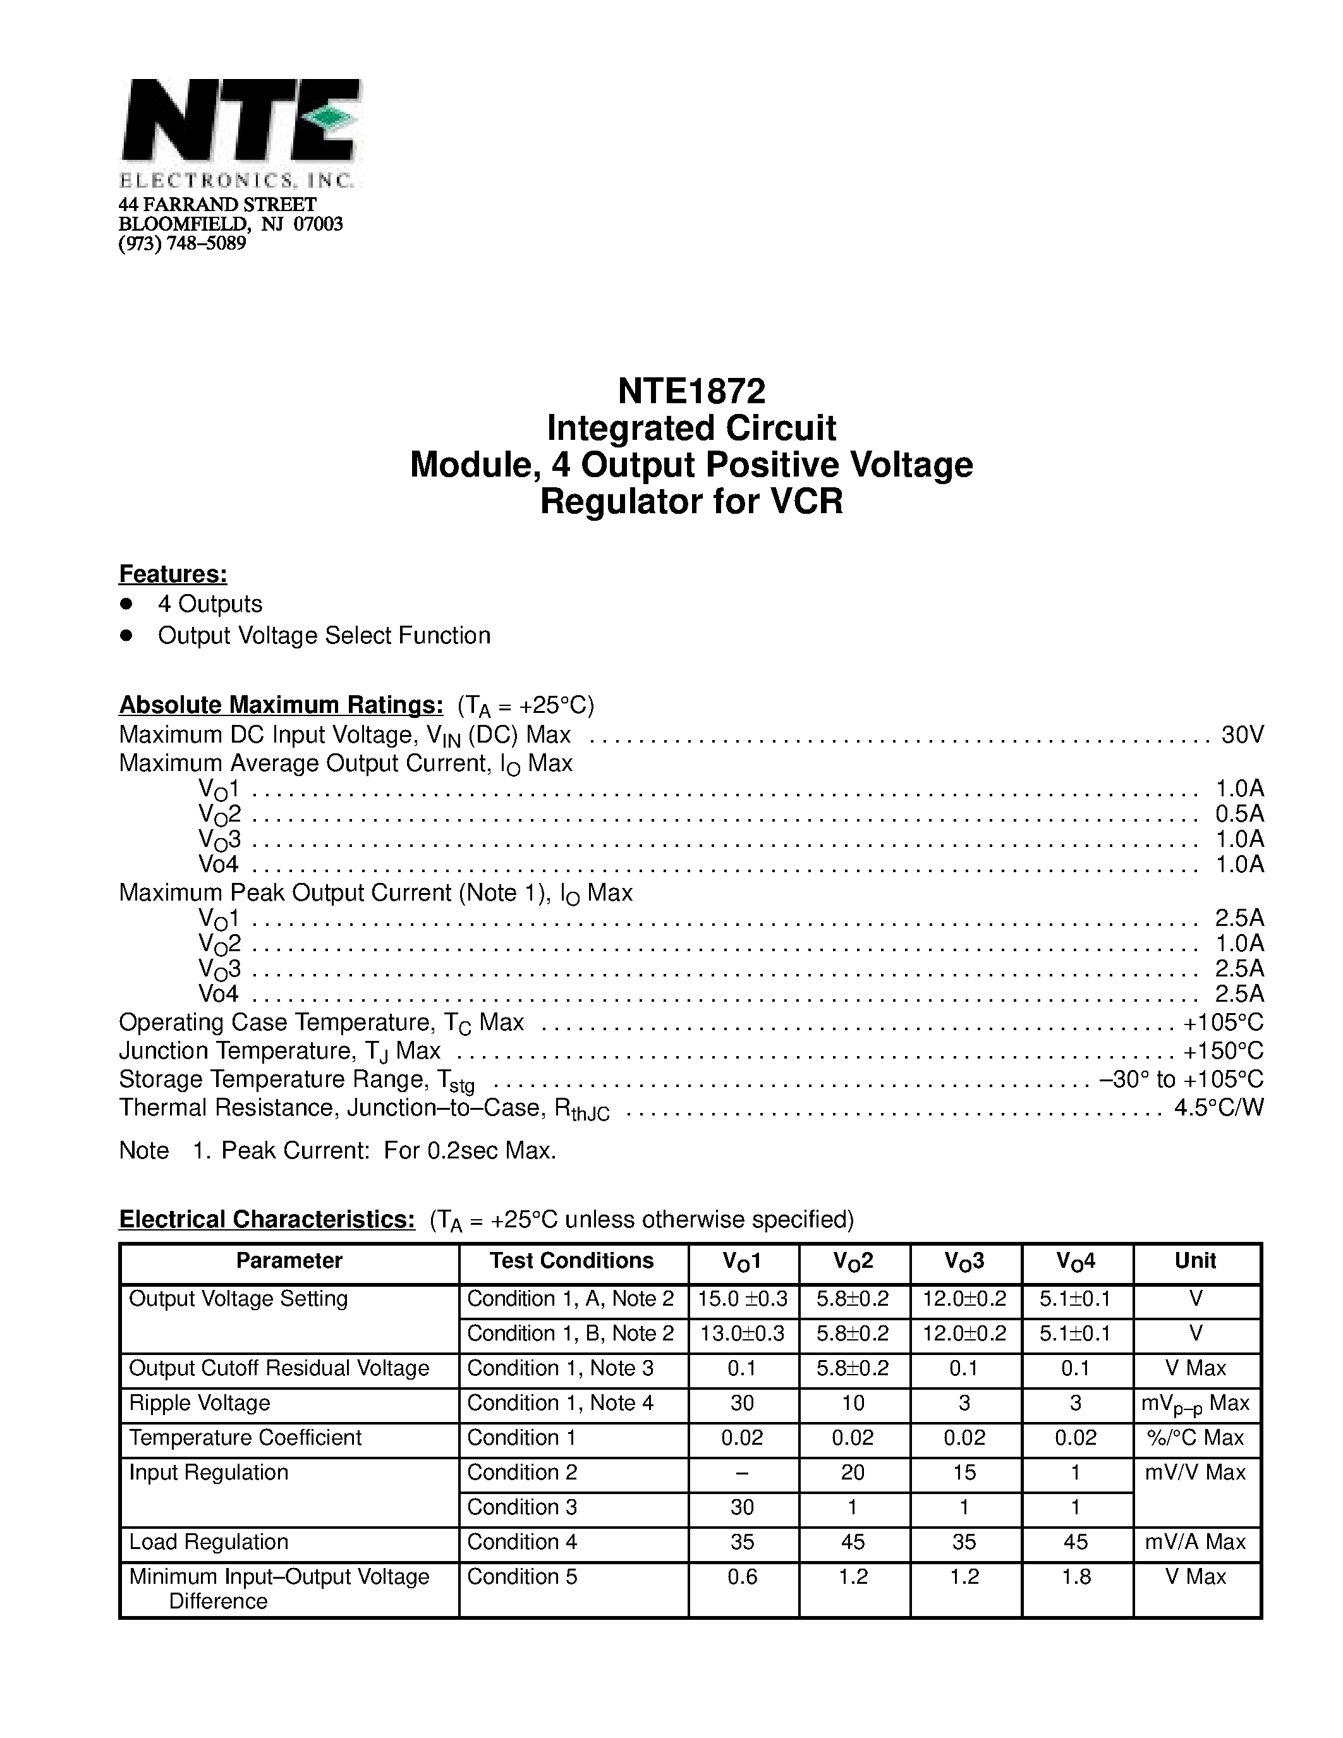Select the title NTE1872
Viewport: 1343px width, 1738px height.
[x=691, y=391]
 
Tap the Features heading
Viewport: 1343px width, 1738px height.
[x=173, y=573]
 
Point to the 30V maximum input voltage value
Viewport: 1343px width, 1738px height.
[x=1242, y=734]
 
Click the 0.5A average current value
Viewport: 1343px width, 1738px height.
[x=1239, y=813]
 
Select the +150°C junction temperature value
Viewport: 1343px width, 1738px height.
[x=1223, y=1050]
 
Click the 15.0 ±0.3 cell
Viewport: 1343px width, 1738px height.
[x=743, y=1299]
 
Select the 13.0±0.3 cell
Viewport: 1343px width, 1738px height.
[x=743, y=1334]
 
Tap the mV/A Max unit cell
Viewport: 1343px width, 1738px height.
[x=1195, y=1541]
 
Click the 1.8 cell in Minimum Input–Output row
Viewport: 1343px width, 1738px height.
[x=1076, y=1576]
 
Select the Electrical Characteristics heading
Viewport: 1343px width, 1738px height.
[x=267, y=1219]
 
